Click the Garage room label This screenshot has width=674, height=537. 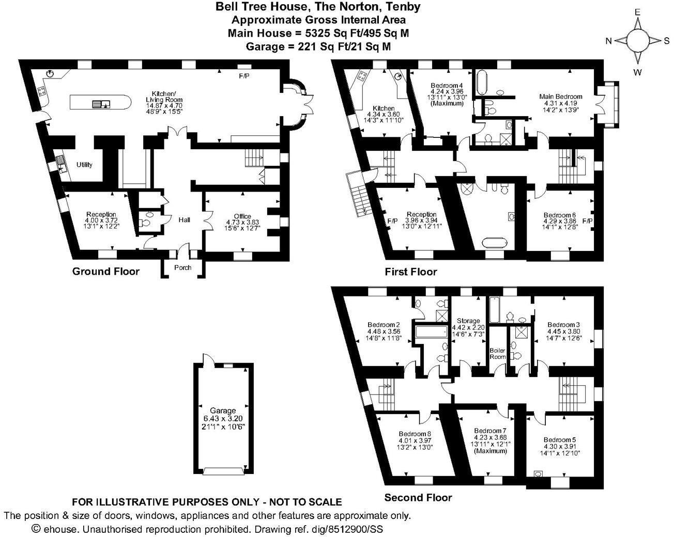coord(223,411)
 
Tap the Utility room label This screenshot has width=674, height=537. coord(84,165)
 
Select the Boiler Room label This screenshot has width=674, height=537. coord(497,354)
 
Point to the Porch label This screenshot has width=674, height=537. coord(182,267)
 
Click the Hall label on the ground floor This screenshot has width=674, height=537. coord(184,220)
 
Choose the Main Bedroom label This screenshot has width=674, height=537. coord(560,97)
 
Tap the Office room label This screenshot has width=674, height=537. coord(242,216)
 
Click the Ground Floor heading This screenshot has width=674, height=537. coord(105,272)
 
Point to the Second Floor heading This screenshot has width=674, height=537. coord(418,498)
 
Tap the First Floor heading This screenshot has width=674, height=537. coord(410,272)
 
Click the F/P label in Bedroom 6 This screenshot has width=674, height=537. coord(587,221)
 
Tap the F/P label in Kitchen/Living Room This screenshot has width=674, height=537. coord(244,76)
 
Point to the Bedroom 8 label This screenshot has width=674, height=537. coord(415,434)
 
